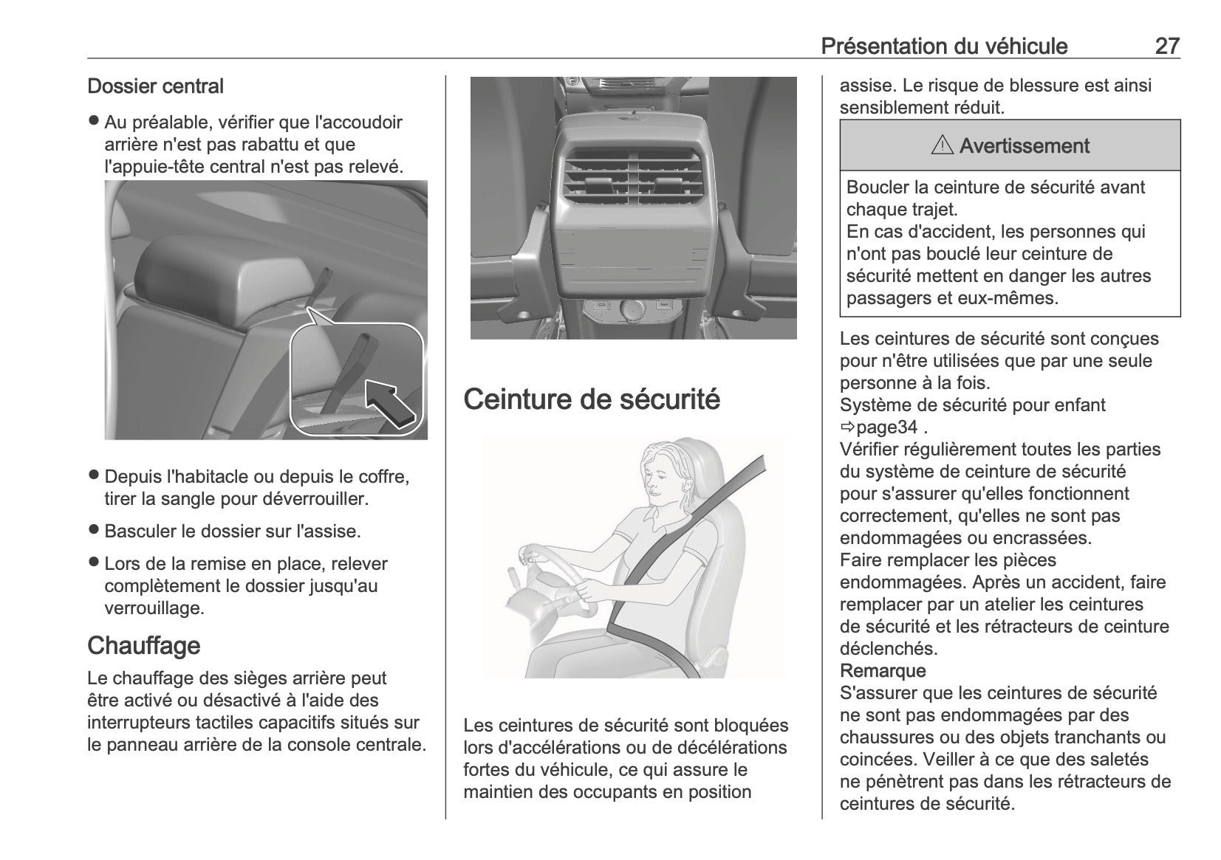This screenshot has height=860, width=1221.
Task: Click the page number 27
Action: coord(1166,46)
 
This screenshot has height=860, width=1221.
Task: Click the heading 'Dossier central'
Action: coord(155,86)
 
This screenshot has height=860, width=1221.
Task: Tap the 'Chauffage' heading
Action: coord(143,645)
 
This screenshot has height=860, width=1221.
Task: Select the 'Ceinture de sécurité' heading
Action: coord(592,399)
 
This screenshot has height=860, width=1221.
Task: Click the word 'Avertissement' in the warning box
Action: coord(1024,145)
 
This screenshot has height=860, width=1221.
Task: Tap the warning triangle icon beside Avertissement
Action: coord(943,145)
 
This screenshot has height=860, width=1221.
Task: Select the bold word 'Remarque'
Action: coord(883,671)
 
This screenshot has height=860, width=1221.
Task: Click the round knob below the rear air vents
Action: coord(633,309)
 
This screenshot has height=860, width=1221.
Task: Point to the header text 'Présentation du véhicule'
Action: coord(944,46)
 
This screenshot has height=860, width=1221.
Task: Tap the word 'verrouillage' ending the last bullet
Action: coord(153,608)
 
